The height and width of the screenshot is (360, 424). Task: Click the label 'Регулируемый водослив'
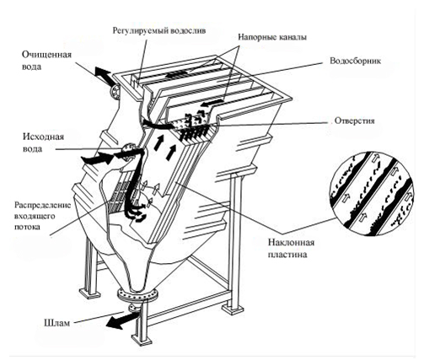159,30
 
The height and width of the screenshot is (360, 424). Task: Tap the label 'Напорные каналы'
272,37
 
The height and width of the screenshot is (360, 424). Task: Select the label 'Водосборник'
355,61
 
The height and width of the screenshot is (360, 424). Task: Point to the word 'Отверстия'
355,121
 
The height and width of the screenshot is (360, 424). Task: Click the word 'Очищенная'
46,54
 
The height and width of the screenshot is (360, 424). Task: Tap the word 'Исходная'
43,137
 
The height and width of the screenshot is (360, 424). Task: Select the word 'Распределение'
43,205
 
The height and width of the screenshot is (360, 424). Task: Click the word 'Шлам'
56,323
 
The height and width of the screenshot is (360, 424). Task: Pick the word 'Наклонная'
291,242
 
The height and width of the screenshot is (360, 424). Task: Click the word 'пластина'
287,255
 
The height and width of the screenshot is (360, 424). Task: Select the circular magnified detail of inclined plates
372,194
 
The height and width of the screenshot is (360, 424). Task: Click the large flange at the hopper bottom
137,295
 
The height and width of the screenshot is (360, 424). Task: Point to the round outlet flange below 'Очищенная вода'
115,91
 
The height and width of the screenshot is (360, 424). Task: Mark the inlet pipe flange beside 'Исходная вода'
128,152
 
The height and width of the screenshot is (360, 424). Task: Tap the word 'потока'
27,227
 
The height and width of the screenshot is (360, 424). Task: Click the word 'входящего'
35,217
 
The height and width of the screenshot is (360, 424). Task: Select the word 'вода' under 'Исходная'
32,148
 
